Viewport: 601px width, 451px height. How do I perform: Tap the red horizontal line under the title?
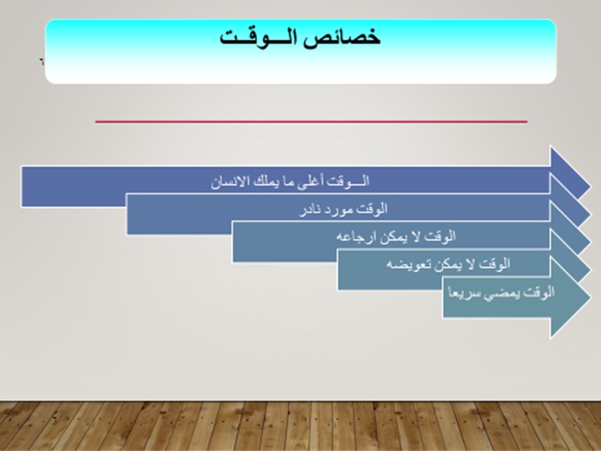point(311,122)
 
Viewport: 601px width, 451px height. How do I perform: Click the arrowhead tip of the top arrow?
point(591,187)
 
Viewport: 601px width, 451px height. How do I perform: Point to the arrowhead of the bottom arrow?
point(571,297)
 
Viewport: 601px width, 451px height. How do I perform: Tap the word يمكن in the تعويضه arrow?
point(446,264)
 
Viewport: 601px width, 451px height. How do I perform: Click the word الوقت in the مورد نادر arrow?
point(372,209)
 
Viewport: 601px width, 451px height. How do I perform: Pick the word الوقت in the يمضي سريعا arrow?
point(538,292)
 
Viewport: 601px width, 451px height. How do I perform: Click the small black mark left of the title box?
point(42,61)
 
